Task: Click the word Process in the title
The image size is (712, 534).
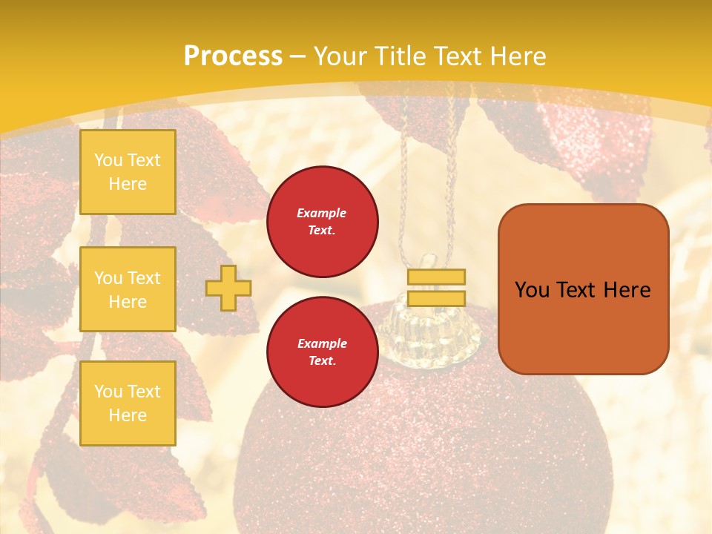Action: (x=232, y=56)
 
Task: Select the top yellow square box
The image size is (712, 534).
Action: (x=128, y=172)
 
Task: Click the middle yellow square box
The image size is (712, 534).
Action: (x=128, y=289)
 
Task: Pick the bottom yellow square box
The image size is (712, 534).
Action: (x=128, y=403)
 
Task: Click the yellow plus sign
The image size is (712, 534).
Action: (x=228, y=288)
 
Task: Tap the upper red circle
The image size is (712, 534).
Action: (x=322, y=221)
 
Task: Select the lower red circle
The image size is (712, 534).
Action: (x=322, y=352)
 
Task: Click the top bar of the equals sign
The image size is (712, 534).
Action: (x=436, y=277)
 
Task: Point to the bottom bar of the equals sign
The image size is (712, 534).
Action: (x=436, y=298)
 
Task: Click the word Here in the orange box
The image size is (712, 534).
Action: (x=627, y=290)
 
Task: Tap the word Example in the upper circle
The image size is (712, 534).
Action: (x=322, y=213)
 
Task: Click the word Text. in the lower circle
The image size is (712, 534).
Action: (x=322, y=360)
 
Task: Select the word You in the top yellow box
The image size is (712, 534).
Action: (x=108, y=160)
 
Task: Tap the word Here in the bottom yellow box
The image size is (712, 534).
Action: (x=128, y=415)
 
